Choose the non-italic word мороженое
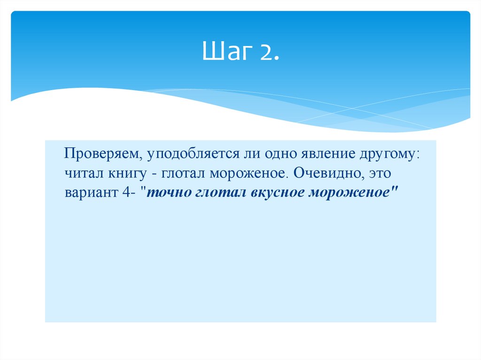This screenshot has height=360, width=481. pyautogui.click(x=247, y=174)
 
